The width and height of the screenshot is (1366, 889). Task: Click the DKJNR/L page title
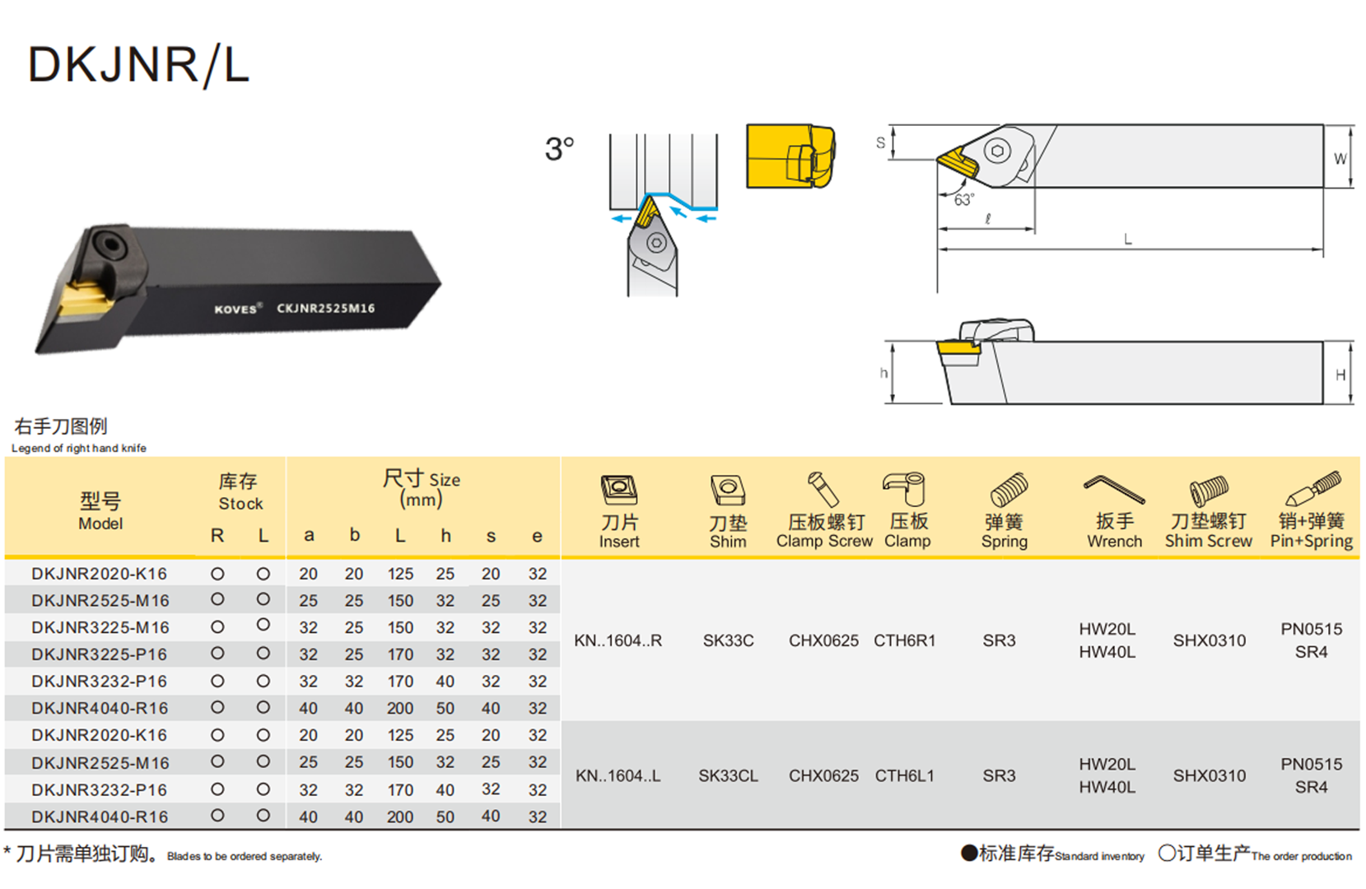138,65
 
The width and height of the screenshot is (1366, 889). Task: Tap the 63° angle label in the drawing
963,200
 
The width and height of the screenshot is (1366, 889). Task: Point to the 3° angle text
559,149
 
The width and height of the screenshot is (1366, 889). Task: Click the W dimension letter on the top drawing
1340,159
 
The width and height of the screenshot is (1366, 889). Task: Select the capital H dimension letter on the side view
1340,375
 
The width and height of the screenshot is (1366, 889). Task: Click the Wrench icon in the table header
1113,490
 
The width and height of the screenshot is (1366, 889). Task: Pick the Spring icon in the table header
1007,490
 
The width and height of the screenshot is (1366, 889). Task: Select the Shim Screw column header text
1208,541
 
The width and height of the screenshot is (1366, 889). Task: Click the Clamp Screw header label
824,541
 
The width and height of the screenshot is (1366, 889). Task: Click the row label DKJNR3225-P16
100,654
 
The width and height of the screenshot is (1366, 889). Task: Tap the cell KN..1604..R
618,640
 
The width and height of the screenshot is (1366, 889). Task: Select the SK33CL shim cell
728,775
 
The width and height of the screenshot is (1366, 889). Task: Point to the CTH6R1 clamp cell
904,640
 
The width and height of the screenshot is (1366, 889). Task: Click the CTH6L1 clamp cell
904,775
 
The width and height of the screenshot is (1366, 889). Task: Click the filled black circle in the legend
969,854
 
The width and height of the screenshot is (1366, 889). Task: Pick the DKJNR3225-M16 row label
100,627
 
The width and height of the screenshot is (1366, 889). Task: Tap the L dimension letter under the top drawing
1127,240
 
